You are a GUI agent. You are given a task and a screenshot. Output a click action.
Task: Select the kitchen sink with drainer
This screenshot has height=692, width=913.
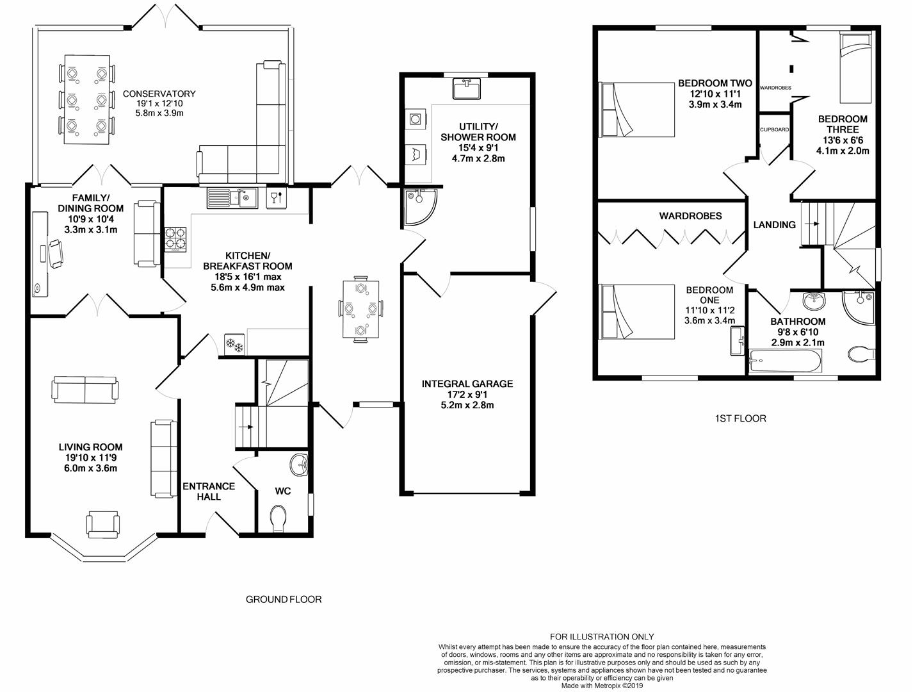point(232,198)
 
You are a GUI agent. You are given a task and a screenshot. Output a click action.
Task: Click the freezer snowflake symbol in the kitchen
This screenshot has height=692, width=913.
point(234,344)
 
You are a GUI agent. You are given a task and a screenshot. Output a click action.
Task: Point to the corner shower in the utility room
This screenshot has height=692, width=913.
point(420,206)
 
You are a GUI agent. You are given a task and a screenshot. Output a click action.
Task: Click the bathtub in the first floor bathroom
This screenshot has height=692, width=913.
point(786,361)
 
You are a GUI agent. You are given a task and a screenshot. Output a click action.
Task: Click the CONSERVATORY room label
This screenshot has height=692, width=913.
point(159,94)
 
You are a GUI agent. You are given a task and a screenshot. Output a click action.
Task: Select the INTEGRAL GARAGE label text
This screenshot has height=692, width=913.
point(467,384)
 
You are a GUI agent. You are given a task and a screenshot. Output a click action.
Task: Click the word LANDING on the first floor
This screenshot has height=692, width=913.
point(774,225)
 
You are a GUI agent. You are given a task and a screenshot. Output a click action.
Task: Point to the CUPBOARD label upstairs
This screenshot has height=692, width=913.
point(774,129)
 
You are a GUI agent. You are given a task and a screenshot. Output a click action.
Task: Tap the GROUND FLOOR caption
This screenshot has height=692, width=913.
point(284,599)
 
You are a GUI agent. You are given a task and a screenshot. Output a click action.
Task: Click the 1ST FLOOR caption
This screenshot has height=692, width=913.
point(740,418)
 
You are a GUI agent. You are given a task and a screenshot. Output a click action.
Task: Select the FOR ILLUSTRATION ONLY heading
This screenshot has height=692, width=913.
point(602,637)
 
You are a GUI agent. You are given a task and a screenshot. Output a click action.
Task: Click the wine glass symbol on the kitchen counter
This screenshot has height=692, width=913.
point(277,198)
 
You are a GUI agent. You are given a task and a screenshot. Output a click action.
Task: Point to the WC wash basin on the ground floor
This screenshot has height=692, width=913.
point(300,465)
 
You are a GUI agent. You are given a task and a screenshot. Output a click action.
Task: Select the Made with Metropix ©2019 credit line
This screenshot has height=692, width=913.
point(602,686)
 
